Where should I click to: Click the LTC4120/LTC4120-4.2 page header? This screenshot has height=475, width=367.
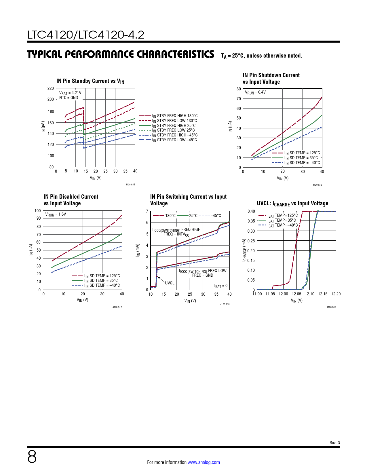pyautogui.click(x=85, y=35)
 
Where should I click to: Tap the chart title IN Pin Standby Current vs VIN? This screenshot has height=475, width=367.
pyautogui.click(x=90, y=81)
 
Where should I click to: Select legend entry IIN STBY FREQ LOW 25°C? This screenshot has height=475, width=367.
pyautogui.click(x=173, y=130)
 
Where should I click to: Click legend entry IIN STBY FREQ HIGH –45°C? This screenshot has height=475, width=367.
pyautogui.click(x=174, y=135)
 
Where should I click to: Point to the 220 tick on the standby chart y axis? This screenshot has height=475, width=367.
pyautogui.click(x=51, y=88)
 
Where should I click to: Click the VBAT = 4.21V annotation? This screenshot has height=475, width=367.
pyautogui.click(x=70, y=93)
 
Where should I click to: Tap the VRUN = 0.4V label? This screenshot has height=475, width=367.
pyautogui.click(x=255, y=92)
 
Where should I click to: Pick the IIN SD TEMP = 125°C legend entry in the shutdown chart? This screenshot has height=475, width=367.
pyautogui.click(x=302, y=153)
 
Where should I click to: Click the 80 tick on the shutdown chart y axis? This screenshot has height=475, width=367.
pyautogui.click(x=239, y=89)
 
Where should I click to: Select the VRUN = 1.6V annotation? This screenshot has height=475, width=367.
pyautogui.click(x=56, y=214)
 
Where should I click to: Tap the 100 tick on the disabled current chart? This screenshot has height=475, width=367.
pyautogui.click(x=38, y=211)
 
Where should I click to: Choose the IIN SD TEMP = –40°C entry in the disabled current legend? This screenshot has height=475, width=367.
pyautogui.click(x=102, y=286)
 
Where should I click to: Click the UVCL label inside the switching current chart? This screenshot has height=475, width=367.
pyautogui.click(x=170, y=283)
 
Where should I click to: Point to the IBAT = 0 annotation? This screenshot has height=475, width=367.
pyautogui.click(x=221, y=286)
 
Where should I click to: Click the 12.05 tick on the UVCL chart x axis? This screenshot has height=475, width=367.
pyautogui.click(x=296, y=294)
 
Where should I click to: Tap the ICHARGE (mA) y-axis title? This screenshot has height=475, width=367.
pyautogui.click(x=244, y=250)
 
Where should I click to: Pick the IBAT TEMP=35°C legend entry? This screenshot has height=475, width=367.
pyautogui.click(x=281, y=221)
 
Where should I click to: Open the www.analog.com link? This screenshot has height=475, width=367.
pyautogui.click(x=204, y=462)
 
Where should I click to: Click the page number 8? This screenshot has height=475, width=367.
pyautogui.click(x=32, y=457)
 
